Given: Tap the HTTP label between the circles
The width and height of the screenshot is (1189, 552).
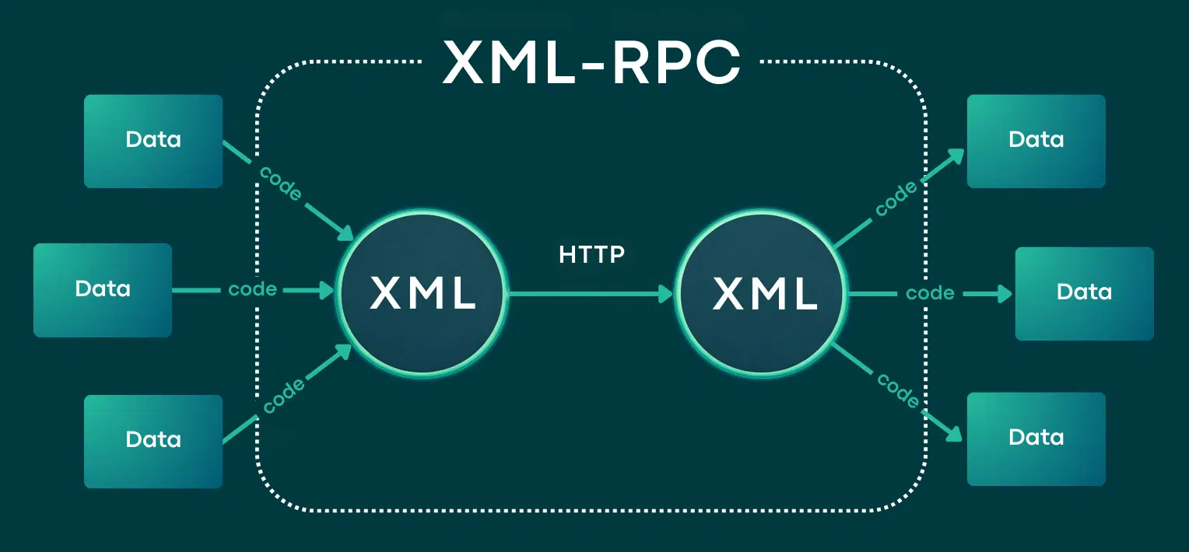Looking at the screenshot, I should (591, 254).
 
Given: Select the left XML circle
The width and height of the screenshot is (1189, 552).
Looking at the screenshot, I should (422, 292).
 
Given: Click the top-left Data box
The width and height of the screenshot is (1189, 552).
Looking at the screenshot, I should (153, 141).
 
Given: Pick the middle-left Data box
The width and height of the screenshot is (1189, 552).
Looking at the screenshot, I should (102, 290).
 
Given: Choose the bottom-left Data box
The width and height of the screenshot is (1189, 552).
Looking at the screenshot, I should (153, 441).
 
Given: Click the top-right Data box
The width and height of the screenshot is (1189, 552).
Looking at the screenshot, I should (1036, 141).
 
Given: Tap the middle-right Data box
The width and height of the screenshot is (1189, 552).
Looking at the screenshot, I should (1084, 293).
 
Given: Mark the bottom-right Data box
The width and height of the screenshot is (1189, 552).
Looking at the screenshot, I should (1036, 438).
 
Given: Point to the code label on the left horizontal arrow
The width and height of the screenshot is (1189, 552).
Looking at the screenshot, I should (252, 290).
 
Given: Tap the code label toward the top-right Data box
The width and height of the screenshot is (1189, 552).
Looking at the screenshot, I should (896, 200).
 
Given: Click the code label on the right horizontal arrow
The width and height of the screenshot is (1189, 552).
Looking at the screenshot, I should (930, 294).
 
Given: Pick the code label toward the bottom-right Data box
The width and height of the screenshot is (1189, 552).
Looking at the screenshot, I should (899, 390).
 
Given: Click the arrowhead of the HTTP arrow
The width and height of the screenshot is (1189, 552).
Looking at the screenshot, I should (666, 293).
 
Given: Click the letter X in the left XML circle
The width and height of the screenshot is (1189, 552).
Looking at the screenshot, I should (386, 293).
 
